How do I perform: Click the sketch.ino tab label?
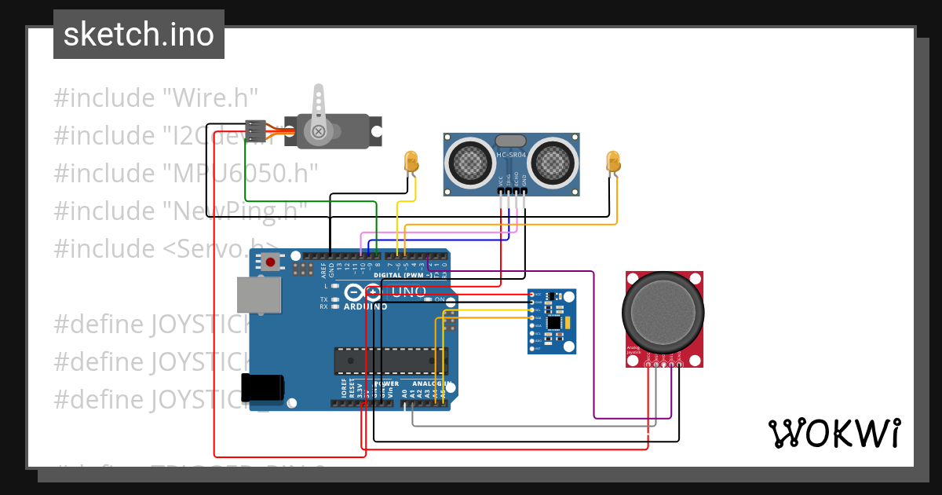click(138, 35)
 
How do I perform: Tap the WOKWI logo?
click(833, 433)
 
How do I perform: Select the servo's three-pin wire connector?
click(256, 130)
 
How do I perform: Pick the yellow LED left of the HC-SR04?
click(410, 162)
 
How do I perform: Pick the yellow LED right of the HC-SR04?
click(613, 162)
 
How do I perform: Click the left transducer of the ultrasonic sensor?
click(469, 163)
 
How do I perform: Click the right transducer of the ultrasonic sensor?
click(555, 163)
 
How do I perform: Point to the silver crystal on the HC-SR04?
click(511, 141)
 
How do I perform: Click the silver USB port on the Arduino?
click(260, 295)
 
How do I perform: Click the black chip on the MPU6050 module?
click(556, 323)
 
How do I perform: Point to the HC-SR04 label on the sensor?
click(511, 155)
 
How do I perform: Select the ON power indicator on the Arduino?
click(439, 300)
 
